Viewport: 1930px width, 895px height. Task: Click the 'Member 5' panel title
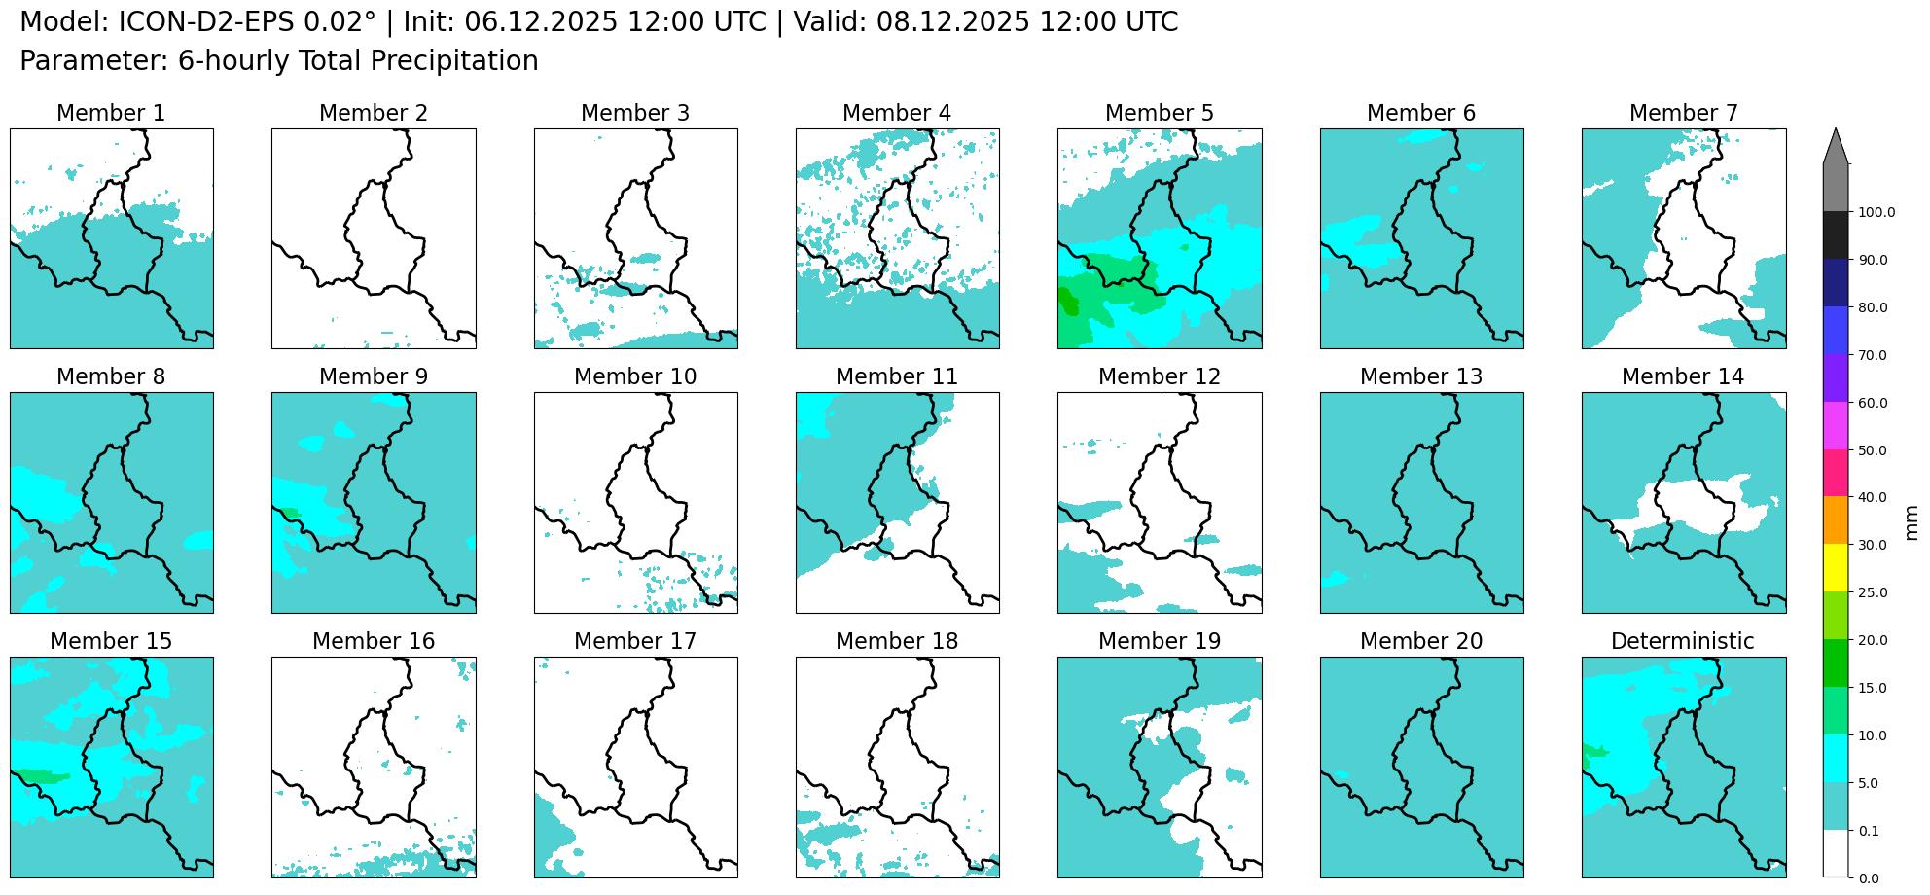(x=1159, y=114)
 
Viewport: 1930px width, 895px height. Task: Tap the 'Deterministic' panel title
(x=1682, y=642)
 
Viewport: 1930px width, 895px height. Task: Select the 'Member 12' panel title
(x=1159, y=377)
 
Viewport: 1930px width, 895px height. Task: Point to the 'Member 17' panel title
(x=634, y=642)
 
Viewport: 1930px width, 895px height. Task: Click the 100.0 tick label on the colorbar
(x=1876, y=213)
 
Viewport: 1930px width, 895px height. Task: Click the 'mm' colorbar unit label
(x=1911, y=522)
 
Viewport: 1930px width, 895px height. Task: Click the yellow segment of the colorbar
(x=1835, y=567)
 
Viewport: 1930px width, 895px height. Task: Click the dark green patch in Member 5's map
(x=1068, y=304)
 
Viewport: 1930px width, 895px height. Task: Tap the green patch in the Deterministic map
(x=1593, y=752)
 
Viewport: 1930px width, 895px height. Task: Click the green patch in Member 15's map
(x=39, y=776)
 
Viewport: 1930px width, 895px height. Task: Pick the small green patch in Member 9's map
(x=291, y=513)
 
